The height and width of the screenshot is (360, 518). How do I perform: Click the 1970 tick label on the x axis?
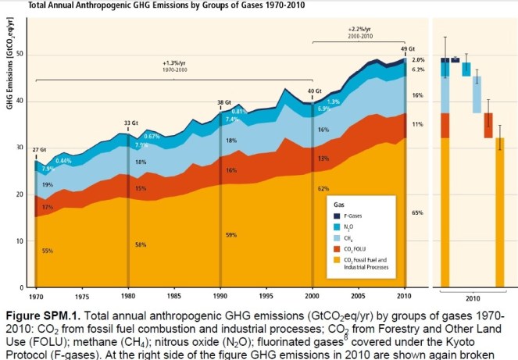[35, 296]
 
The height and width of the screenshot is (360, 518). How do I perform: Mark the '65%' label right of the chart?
[417, 212]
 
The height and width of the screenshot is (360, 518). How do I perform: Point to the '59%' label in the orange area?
[230, 235]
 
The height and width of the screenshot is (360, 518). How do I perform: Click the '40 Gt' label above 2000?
[313, 91]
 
